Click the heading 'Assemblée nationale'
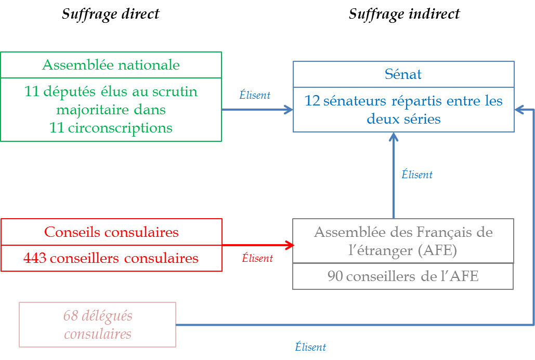(111, 65)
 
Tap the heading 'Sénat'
(403, 74)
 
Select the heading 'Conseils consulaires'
(111, 232)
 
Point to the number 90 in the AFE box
(335, 276)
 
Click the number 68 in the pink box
(70, 315)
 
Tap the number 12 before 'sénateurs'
(312, 100)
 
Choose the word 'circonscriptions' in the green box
(120, 128)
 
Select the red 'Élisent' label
(257, 258)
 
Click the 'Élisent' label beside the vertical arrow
(417, 175)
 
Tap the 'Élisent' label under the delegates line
(310, 347)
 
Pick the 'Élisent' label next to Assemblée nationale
(255, 95)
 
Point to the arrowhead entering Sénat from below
(394, 137)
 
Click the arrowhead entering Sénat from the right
(519, 110)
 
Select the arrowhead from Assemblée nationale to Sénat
(289, 110)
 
